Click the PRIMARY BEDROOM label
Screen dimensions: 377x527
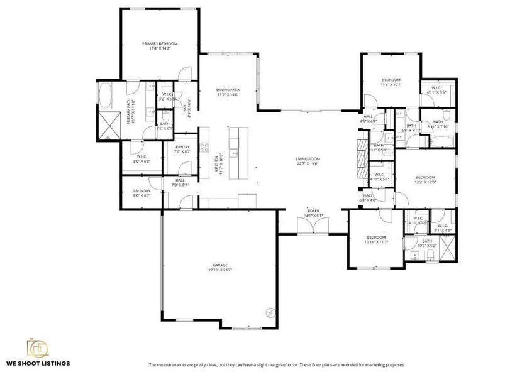[x=160, y=43]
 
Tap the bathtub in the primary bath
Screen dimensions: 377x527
[x=105, y=95]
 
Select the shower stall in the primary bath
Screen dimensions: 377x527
[x=108, y=123]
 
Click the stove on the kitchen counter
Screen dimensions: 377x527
[x=204, y=148]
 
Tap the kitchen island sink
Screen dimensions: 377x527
[x=234, y=151]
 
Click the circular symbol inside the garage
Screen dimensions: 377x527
[x=270, y=312]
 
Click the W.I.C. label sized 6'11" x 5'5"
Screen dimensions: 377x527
[x=436, y=89]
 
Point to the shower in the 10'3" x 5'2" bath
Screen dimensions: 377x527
[x=448, y=250]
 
